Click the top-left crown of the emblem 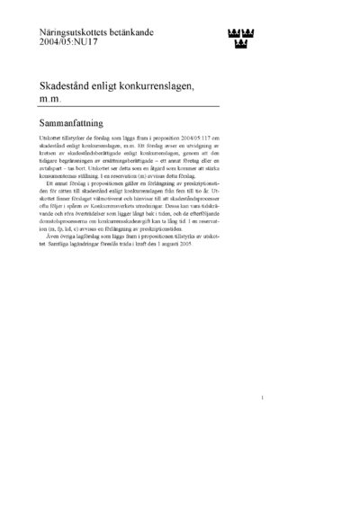click(229, 32)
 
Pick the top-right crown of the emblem click(247, 32)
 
